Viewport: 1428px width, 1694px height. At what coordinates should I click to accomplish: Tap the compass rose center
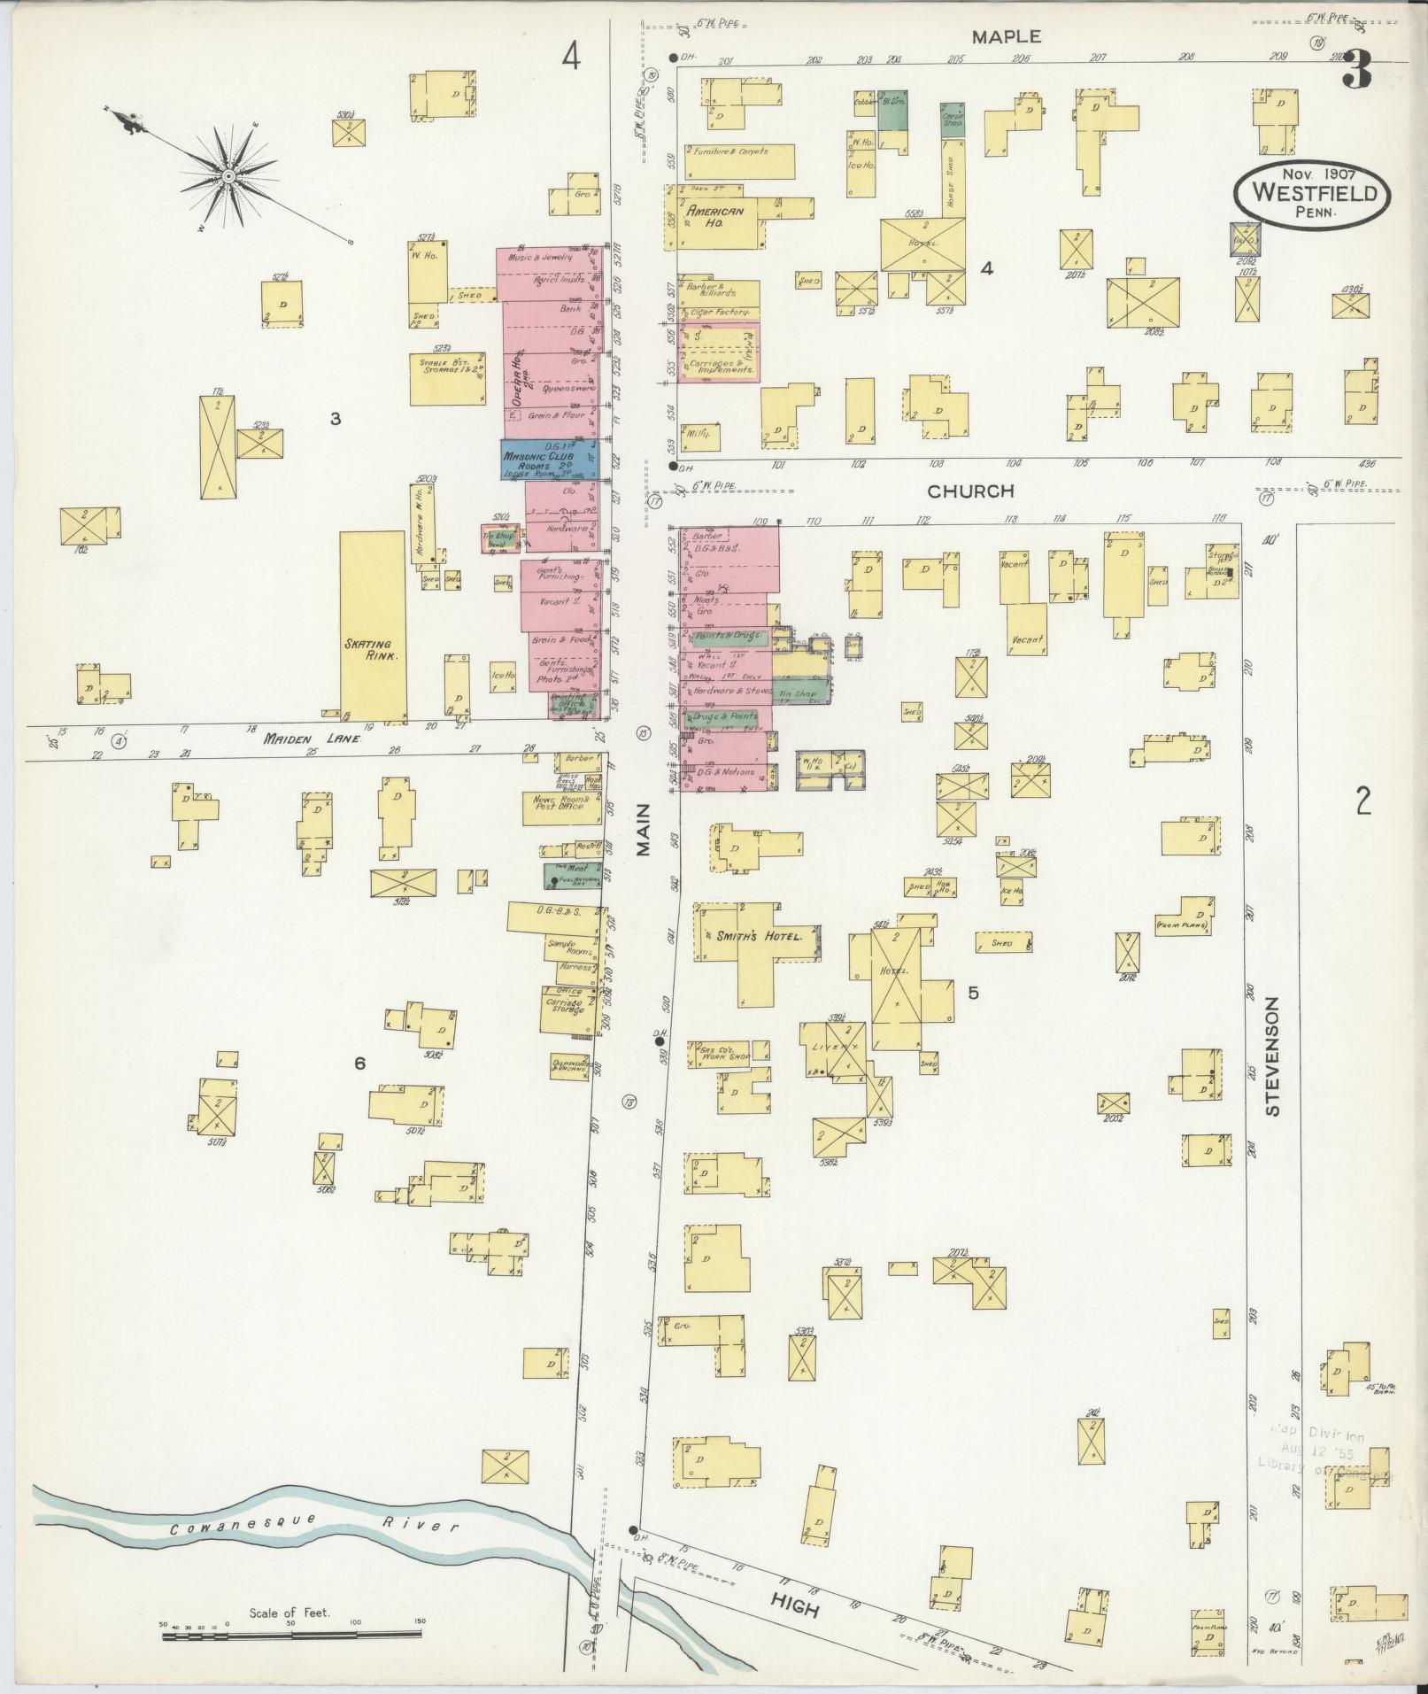(228, 176)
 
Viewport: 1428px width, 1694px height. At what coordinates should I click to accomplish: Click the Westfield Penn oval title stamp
(1313, 192)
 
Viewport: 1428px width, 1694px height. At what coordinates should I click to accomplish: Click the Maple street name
(1006, 36)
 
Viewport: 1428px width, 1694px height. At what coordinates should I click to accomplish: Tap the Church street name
(970, 491)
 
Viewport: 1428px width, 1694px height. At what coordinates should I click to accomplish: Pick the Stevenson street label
(1273, 1056)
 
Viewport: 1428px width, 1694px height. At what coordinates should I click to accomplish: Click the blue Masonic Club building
(550, 460)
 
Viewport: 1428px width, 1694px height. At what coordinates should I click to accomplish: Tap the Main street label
(643, 830)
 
